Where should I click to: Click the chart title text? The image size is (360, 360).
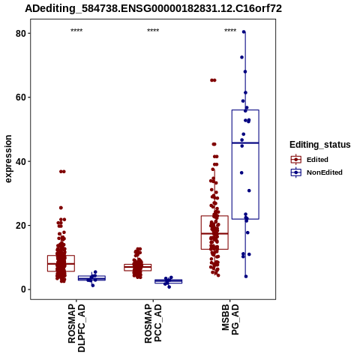coord(153,8)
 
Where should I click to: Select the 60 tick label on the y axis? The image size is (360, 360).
coord(21,97)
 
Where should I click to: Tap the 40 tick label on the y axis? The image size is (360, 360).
coord(21,161)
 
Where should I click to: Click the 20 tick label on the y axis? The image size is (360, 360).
coord(21,226)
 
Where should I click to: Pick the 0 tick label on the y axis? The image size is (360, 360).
coord(24,289)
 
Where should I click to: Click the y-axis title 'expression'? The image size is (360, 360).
coord(8,159)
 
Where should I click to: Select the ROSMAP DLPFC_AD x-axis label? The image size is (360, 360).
coord(76,328)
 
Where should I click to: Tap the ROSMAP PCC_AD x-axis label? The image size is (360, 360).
coord(153,323)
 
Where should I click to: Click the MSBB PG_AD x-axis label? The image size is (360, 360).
coord(230,319)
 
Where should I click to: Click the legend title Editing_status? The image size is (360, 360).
coord(320,145)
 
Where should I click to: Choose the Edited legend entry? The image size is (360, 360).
coord(309,160)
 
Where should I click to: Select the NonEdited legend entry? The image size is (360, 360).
coord(316,172)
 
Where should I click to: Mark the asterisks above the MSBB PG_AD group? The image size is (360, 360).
coord(230,31)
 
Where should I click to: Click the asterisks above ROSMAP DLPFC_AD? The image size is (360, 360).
coord(76,31)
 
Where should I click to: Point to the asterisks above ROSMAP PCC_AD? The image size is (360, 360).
coord(153,31)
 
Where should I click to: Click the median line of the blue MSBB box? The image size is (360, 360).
coord(245,142)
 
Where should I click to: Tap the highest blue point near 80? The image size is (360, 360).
coord(244,31)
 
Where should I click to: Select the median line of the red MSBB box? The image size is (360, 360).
coord(214,233)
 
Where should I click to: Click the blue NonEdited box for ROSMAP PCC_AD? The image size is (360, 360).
coord(169,281)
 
